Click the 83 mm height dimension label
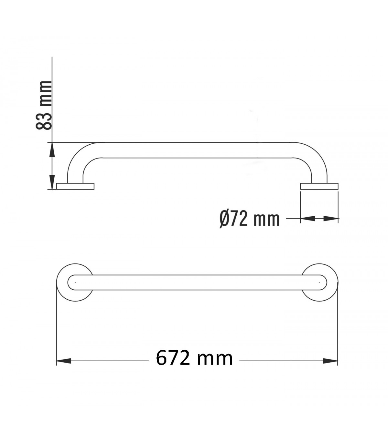(x=44, y=105)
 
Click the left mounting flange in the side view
(x=75, y=186)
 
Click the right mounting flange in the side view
(x=319, y=186)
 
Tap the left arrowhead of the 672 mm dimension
(x=63, y=361)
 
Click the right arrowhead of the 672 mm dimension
(x=330, y=361)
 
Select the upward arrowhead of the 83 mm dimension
(x=52, y=150)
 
